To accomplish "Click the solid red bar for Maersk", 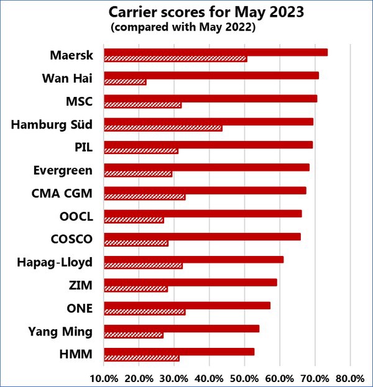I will point(215,52).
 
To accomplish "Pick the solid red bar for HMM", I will point(179,352).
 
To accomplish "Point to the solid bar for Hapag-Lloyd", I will point(193,259).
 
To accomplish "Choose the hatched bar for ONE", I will point(144,312).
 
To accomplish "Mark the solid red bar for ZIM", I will point(190,282).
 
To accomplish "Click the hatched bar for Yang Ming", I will point(134,335).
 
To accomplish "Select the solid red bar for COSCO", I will point(202,237).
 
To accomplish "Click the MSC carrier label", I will point(79,101).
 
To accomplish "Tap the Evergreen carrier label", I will point(63,170).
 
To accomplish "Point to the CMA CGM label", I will point(62,193).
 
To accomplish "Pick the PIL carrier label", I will point(82,147).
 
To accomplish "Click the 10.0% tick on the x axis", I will point(104,378).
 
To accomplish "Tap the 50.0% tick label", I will point(244,378).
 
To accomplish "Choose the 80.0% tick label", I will point(349,378).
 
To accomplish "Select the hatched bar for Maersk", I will point(175,59).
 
